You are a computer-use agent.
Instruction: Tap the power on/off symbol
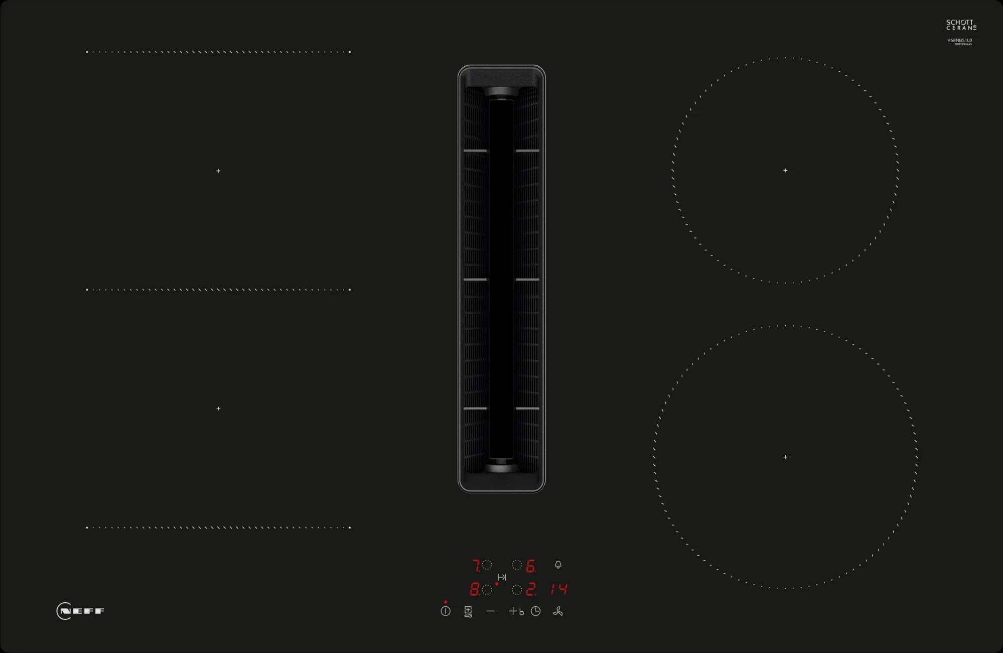point(446,611)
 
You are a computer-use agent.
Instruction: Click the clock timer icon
point(536,611)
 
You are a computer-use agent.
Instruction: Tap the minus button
point(491,611)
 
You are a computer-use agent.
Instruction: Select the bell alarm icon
point(558,565)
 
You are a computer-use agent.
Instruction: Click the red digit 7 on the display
point(476,566)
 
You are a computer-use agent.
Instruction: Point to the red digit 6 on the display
point(530,566)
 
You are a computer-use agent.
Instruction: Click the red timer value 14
point(559,589)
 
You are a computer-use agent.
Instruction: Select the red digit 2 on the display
point(530,589)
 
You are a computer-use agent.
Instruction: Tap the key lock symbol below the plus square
point(468,616)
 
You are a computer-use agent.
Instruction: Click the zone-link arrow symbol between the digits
point(502,577)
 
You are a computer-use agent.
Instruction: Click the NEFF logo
point(80,611)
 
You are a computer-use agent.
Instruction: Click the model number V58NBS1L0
point(959,40)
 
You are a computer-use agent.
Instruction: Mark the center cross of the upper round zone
point(785,171)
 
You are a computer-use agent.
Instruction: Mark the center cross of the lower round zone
point(785,457)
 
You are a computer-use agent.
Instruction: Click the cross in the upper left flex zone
point(218,171)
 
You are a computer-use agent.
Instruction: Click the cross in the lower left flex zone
point(218,409)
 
